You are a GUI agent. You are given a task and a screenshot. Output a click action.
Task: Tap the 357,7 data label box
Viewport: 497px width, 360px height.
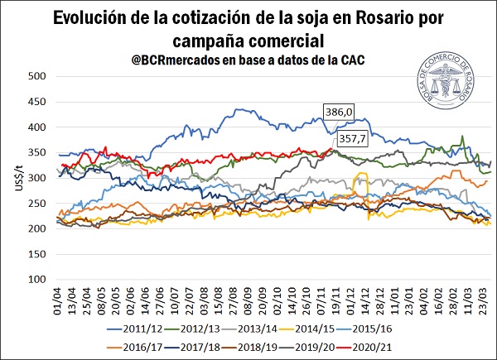(350, 139)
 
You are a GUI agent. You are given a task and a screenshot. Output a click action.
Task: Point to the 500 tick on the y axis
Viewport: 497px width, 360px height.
(33, 76)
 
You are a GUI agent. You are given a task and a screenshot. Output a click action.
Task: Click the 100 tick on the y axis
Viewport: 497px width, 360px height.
(33, 279)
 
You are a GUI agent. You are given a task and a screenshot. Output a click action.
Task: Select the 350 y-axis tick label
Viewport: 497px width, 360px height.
(33, 152)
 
